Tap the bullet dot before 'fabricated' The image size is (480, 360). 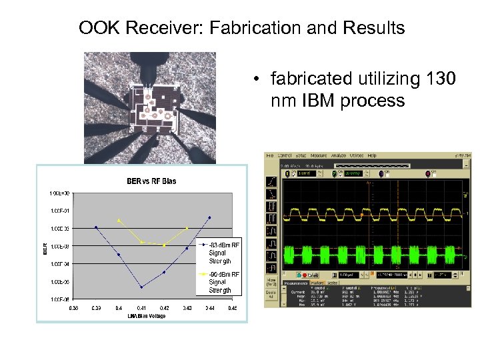point(255,81)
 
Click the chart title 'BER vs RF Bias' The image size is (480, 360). point(152,181)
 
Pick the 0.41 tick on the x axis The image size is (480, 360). point(141,308)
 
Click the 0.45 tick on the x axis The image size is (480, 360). point(233,308)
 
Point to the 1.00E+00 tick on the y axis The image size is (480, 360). point(59,193)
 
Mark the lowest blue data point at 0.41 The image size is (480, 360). point(141,287)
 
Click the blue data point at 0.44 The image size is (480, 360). point(210,217)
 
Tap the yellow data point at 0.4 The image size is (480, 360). point(119,220)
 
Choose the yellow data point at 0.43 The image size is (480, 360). point(187,228)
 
